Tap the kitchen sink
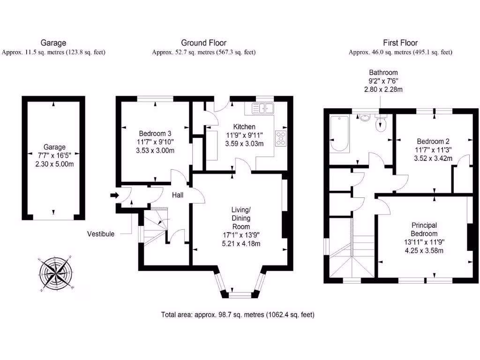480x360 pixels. pos(262,108)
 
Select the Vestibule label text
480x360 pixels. pos(100,234)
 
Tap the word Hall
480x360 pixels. pos(177,195)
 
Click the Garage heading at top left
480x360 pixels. pos(53,43)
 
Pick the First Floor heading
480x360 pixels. pos(400,43)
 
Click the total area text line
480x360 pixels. pos(238,315)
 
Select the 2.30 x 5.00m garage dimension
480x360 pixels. pos(54,164)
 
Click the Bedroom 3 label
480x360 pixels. pos(155,132)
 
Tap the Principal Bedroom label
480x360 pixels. pos(424,229)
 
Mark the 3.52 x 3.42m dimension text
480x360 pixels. pos(434,158)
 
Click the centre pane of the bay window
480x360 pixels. pos(241,295)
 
